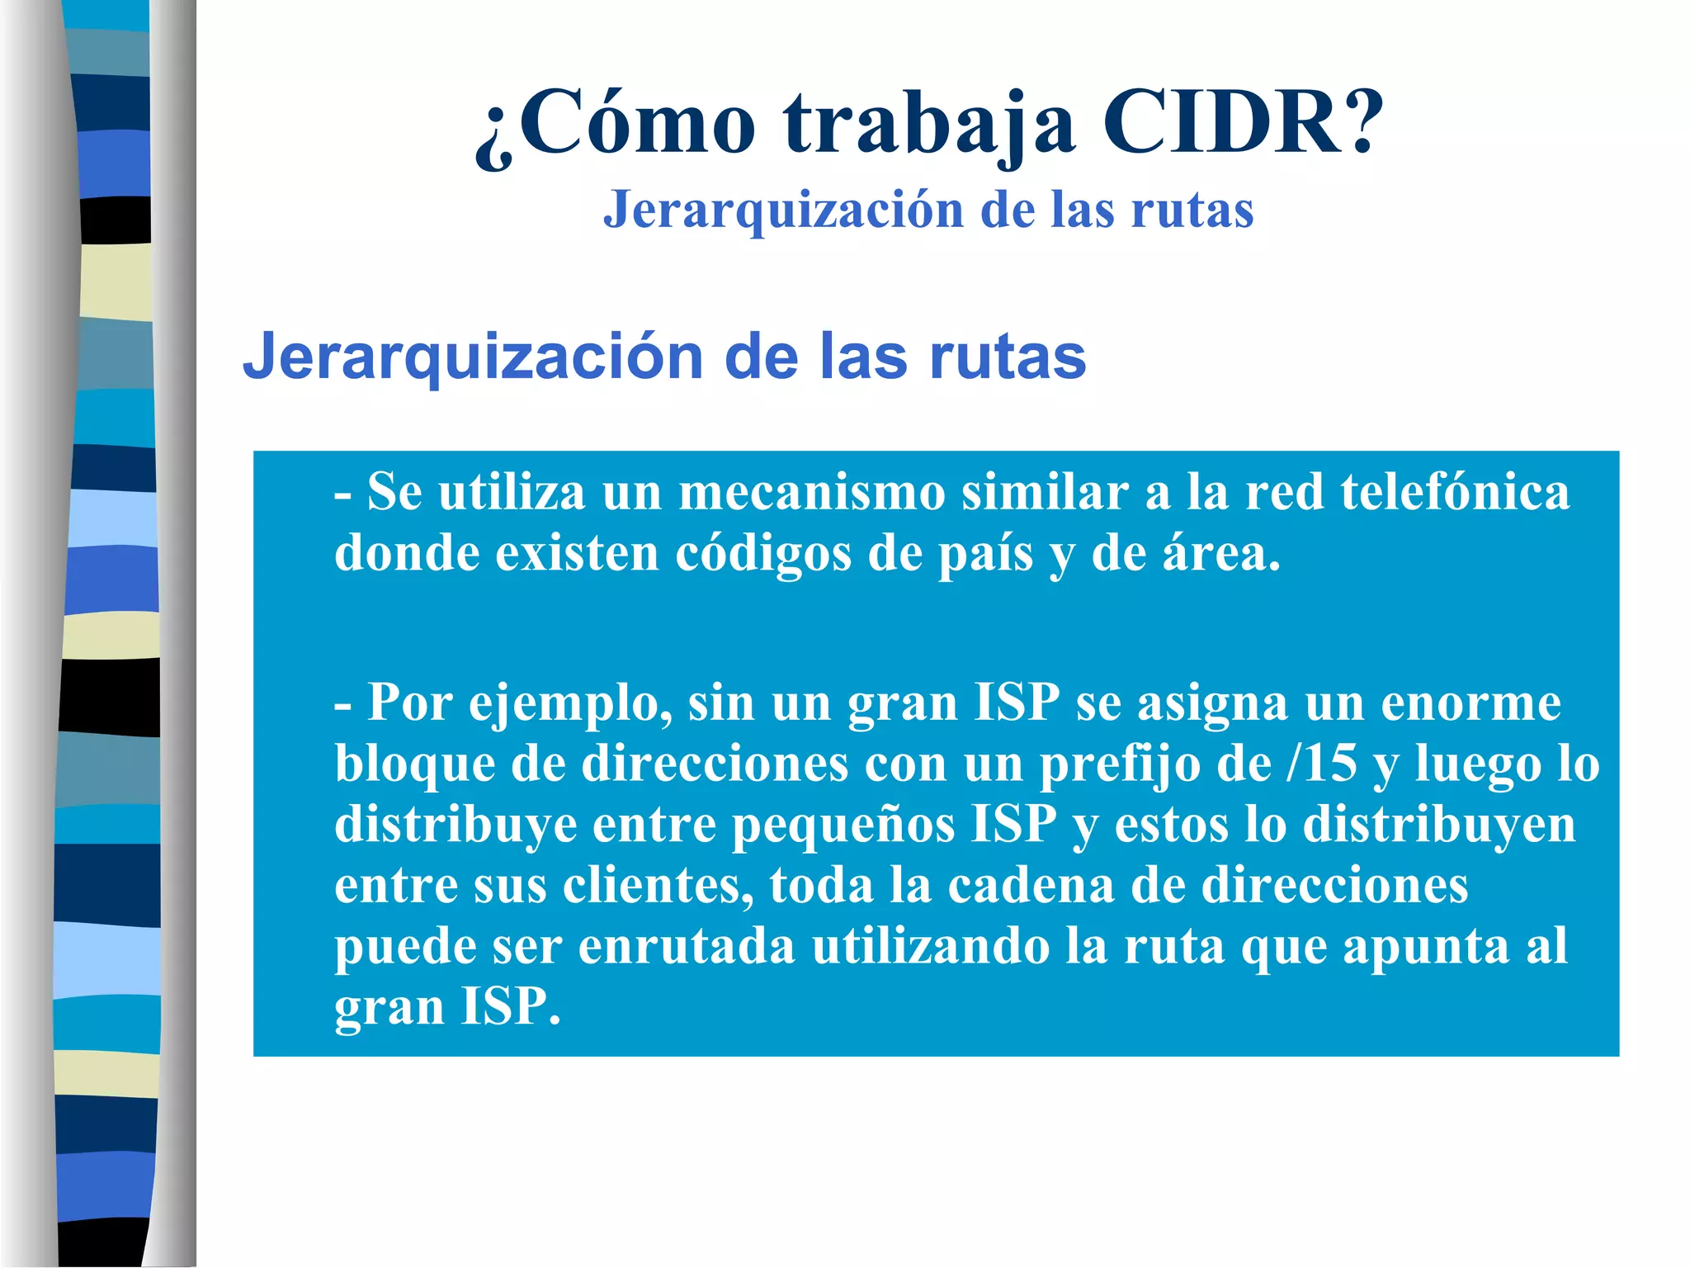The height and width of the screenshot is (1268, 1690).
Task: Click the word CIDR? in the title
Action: click(1243, 124)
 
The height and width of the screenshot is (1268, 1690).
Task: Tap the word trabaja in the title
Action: click(930, 124)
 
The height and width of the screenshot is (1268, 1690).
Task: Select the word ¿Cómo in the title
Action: click(615, 124)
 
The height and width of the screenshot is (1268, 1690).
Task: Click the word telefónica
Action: click(1455, 493)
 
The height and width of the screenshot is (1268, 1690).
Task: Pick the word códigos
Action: click(763, 553)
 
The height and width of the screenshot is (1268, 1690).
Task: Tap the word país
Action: click(985, 553)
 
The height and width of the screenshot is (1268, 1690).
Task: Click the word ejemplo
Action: click(570, 704)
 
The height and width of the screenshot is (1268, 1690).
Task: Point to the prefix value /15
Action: click(1321, 764)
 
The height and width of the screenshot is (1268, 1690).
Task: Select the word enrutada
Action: click(687, 946)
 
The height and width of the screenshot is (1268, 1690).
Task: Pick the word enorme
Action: click(1470, 704)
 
